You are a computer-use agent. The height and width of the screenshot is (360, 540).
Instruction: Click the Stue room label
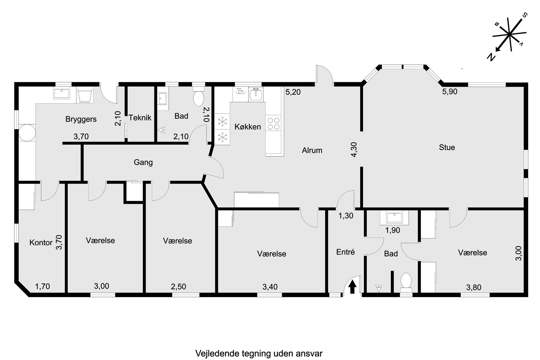[x=447, y=147]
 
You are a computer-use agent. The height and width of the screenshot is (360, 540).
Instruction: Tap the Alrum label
[x=312, y=150]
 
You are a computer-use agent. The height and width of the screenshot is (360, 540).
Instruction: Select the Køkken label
[x=248, y=127]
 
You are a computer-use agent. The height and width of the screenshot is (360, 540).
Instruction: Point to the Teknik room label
[x=140, y=118]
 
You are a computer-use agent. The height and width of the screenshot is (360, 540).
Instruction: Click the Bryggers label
[x=81, y=119]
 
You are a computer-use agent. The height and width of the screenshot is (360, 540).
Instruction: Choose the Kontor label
[x=41, y=243]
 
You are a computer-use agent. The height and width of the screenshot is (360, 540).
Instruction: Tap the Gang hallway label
[x=143, y=162]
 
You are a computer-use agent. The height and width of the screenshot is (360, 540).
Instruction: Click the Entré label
[x=345, y=252]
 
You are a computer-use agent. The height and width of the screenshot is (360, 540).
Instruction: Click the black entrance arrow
[x=352, y=287]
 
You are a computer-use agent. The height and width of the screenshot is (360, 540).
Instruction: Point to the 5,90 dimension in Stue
[x=450, y=92]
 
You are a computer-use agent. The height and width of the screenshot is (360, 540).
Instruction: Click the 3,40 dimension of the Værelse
[x=270, y=287]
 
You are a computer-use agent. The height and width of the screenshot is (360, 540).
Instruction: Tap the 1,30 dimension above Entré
[x=346, y=216]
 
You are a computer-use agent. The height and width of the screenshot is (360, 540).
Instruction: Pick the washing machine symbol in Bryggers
[x=85, y=95]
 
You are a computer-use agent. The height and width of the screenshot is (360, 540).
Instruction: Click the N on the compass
[x=491, y=57]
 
